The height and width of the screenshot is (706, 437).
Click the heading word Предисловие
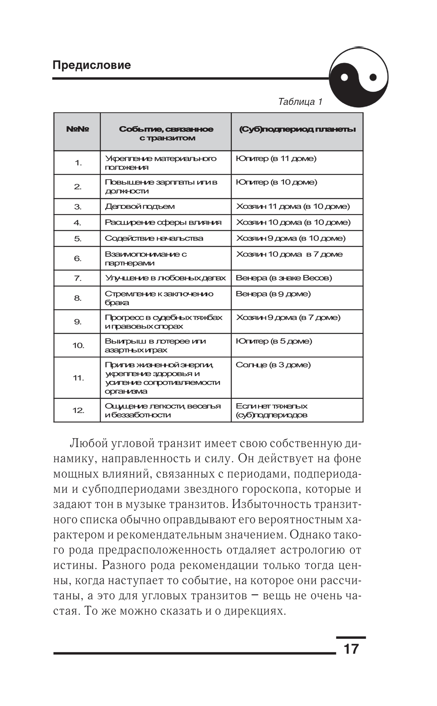point(91,65)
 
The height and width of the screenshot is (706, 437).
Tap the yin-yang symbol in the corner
point(358,77)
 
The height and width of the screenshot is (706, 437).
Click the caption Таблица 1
point(300,102)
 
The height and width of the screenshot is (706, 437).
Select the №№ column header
point(77,129)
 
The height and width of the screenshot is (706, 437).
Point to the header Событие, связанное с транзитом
point(166,133)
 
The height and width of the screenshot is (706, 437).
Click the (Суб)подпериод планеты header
point(297,129)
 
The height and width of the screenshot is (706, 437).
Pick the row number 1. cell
point(78,163)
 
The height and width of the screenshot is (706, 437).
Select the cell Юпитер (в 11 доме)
point(276,159)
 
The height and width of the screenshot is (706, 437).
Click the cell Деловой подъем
point(139,206)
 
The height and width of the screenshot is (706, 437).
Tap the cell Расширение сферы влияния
point(163,222)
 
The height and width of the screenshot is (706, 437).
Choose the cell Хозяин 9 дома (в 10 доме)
point(291,238)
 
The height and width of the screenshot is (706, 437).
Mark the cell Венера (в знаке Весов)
point(284,278)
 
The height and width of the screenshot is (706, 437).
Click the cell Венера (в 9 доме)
point(273,294)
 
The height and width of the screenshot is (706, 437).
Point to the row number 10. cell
point(78,346)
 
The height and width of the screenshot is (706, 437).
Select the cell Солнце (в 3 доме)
point(273,365)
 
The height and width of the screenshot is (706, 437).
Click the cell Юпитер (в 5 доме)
point(274,341)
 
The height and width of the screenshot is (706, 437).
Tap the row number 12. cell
point(78,410)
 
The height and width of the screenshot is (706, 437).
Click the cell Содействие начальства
point(154,238)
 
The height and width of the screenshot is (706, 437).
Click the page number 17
point(350,649)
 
